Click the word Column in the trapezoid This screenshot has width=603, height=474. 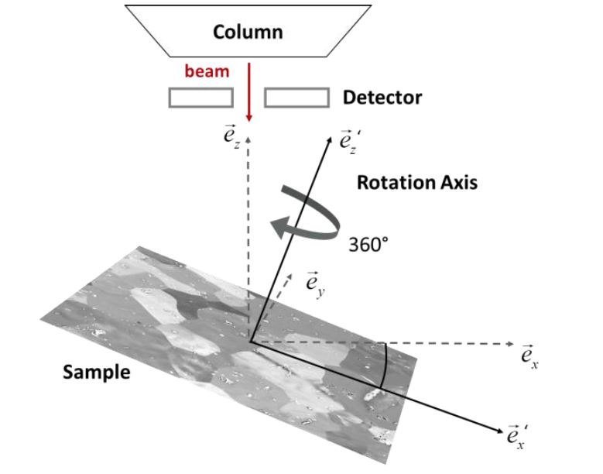pyautogui.click(x=248, y=33)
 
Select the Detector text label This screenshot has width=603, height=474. pyautogui.click(x=382, y=98)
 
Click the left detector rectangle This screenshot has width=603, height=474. pyautogui.click(x=200, y=98)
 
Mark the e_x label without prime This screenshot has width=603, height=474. pyautogui.click(x=530, y=359)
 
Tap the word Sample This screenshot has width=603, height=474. pyautogui.click(x=97, y=372)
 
